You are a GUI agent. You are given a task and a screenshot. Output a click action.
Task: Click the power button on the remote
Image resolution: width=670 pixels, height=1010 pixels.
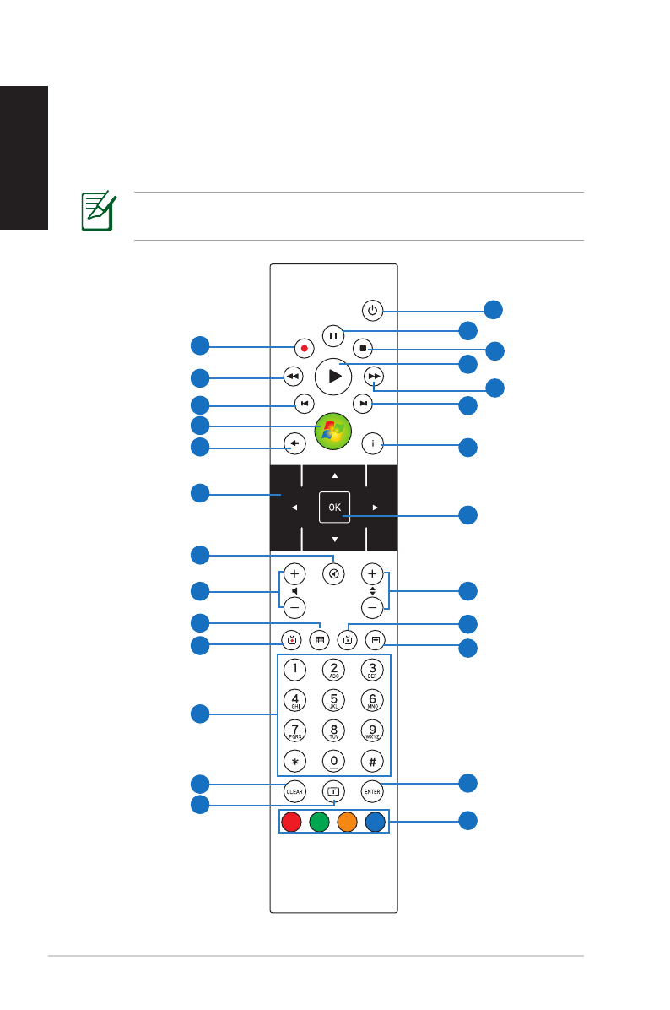373,310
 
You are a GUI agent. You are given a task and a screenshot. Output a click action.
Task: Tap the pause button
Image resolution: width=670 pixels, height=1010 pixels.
333,335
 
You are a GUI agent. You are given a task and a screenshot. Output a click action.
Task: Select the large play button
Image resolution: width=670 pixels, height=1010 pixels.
333,377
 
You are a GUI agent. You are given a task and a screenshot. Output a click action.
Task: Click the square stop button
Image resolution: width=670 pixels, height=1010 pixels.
362,347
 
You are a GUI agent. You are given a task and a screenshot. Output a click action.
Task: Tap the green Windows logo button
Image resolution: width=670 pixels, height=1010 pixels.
333,432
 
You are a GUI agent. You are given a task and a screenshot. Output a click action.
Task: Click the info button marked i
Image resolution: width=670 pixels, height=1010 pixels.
373,442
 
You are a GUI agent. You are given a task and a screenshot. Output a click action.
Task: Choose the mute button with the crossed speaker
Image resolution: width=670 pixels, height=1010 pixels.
333,573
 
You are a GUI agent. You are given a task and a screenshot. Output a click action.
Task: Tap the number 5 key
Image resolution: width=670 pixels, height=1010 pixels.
333,700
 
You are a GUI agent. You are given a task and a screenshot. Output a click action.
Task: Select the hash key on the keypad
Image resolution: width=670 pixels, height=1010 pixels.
373,760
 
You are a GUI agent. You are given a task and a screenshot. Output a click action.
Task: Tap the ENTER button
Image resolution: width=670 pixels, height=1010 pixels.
373,792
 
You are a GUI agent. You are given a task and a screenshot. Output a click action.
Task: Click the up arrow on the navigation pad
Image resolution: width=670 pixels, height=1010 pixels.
334,475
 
